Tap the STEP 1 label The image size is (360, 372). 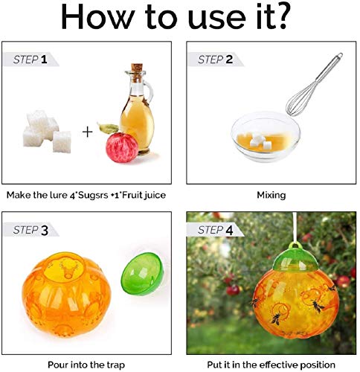point(30,60)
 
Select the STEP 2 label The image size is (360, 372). point(215,60)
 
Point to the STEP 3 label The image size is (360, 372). point(30,230)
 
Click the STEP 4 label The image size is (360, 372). point(216,230)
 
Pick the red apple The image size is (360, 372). point(122,147)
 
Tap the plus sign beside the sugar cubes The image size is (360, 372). point(87,132)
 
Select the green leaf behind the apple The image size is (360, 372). point(108,128)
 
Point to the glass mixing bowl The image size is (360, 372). point(266,136)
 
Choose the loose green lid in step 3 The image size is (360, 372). point(142,274)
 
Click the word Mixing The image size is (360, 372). point(271,196)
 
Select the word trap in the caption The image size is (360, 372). point(116,365)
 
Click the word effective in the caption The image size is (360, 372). point(276,365)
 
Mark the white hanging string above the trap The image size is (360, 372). point(295,227)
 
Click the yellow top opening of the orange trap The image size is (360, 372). point(65,268)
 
